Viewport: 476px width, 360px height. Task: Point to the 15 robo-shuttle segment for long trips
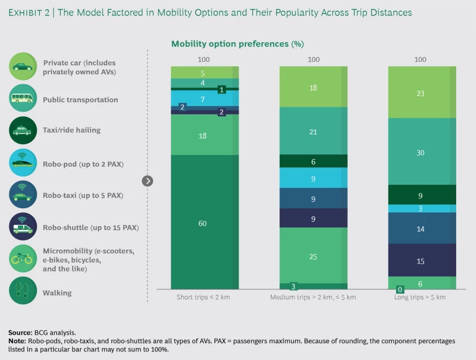420,260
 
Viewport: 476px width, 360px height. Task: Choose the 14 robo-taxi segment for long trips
420,228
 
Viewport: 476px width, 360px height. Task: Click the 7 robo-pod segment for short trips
202,98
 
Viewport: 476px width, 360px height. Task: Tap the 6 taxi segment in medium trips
314,160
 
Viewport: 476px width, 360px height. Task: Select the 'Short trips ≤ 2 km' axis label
203,297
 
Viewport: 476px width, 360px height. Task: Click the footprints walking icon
23,292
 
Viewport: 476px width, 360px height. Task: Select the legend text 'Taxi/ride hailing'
72,130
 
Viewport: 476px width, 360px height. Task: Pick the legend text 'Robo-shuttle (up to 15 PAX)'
90,227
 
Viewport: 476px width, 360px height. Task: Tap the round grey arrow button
148,181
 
